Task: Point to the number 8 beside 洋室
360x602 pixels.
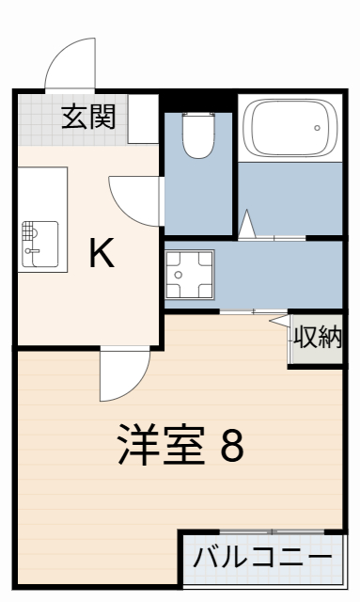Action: click(231, 445)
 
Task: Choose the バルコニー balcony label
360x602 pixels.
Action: click(262, 557)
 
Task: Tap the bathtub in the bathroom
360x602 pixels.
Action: click(290, 130)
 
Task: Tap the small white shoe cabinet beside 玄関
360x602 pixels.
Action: click(144, 118)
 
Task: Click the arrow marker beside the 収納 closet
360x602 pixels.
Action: click(280, 321)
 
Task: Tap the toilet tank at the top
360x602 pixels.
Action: click(198, 117)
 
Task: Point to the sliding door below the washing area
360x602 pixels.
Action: click(254, 311)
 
